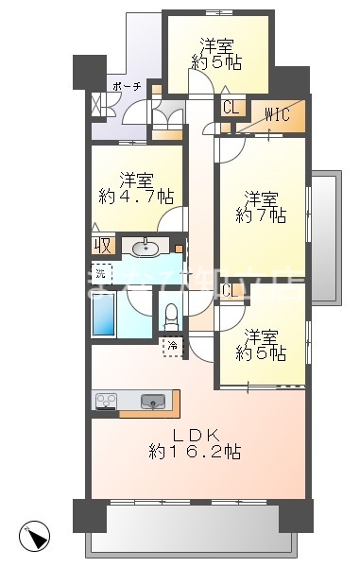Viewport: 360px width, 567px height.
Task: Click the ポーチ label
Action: pyautogui.click(x=127, y=85)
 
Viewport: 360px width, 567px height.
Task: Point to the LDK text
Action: pyautogui.click(x=199, y=435)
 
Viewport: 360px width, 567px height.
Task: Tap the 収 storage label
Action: pyautogui.click(x=102, y=246)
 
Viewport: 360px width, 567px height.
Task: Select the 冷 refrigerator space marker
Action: pyautogui.click(x=172, y=347)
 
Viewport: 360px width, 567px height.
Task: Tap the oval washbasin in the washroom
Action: pyautogui.click(x=146, y=249)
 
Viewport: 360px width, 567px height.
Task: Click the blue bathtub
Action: pyautogui.click(x=103, y=315)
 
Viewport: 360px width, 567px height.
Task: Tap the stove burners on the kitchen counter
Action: pyautogui.click(x=105, y=401)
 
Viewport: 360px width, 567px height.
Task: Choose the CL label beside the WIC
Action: pyautogui.click(x=231, y=107)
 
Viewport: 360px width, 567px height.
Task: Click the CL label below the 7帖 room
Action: pyautogui.click(x=231, y=291)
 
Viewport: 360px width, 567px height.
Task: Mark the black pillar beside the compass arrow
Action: pyautogui.click(x=90, y=515)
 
